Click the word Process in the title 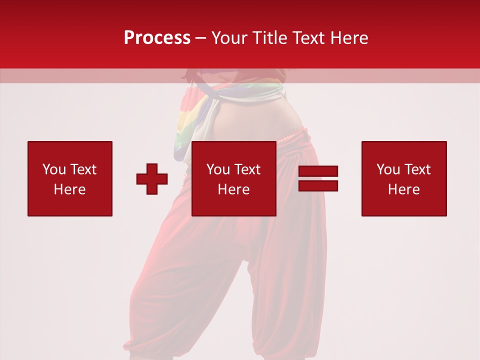point(157,38)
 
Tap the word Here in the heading point(348,38)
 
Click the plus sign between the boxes point(152,179)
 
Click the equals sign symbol point(318,178)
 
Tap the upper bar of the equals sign point(318,171)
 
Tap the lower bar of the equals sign point(318,186)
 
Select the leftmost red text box point(70,178)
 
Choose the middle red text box point(233,178)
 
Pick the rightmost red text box point(404,178)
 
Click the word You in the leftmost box point(54,169)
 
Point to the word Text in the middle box point(247,169)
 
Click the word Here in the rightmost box point(404,189)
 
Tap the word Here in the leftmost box point(70,189)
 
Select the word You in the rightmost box point(388,169)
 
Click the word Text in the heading point(308,38)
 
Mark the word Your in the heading point(230,38)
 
